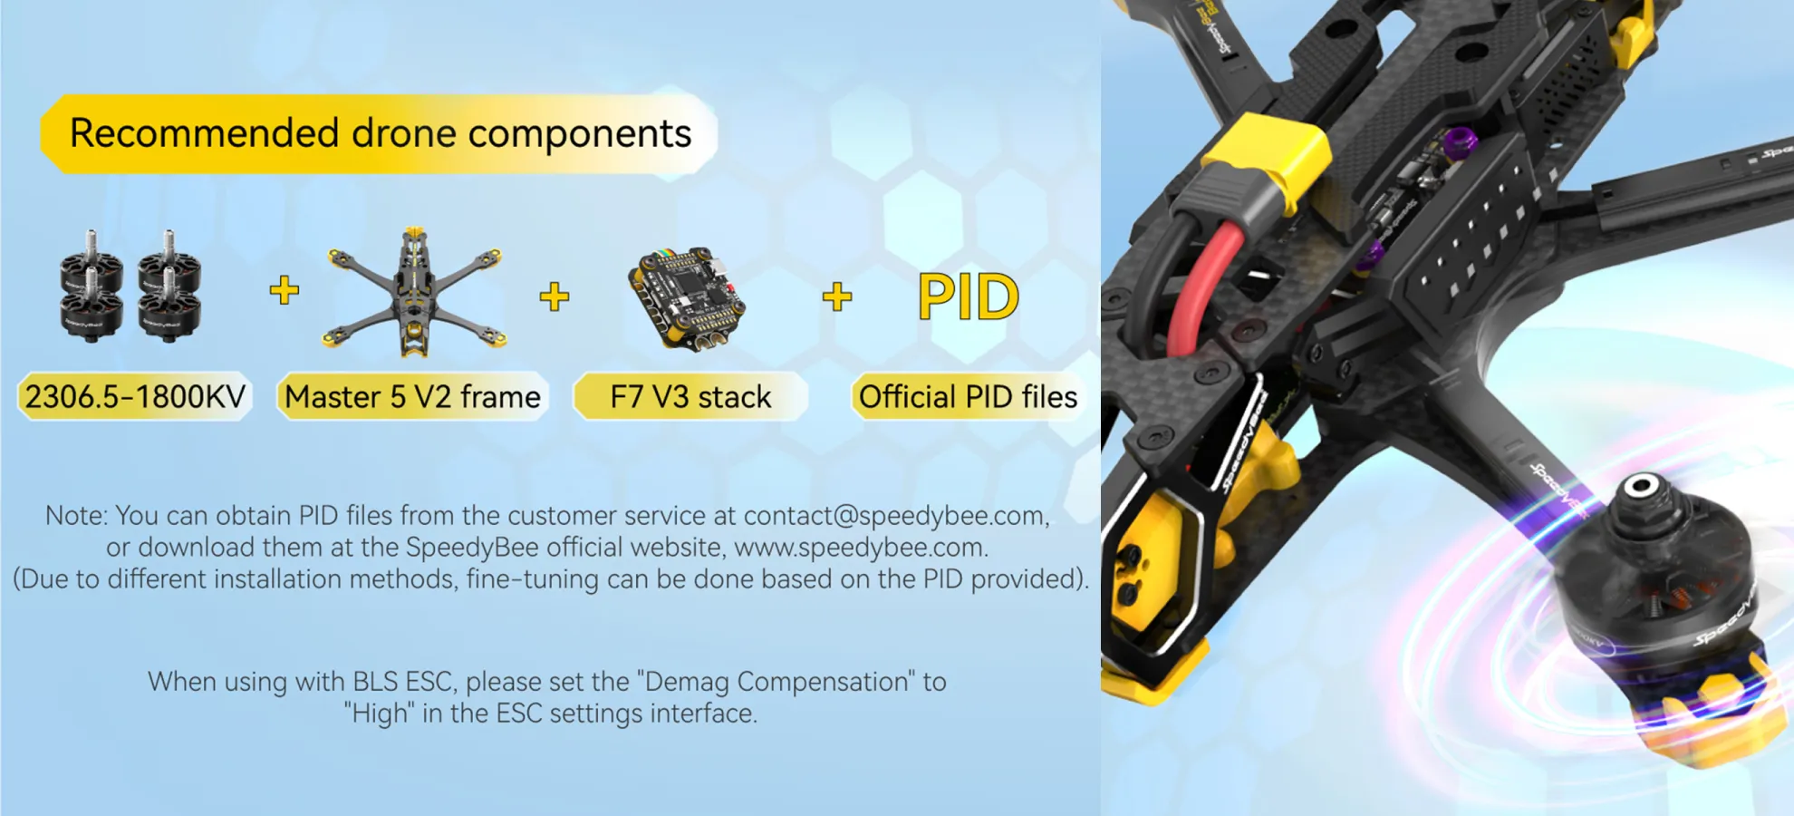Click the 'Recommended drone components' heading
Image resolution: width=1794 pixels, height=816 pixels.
coord(381,133)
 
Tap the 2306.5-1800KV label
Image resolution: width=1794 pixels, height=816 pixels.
coord(135,397)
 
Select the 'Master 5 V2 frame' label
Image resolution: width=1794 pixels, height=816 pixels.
coord(412,397)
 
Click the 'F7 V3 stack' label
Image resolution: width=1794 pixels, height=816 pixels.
coord(690,397)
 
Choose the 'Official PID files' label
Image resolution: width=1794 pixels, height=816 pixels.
coord(968,397)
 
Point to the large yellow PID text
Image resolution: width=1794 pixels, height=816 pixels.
coord(968,296)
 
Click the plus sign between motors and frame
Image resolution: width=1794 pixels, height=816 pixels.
coord(285,290)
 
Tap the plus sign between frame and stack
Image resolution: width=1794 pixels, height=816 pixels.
coord(555,296)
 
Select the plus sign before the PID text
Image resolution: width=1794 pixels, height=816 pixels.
coord(837,296)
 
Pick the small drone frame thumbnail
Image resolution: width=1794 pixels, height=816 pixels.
coord(414,291)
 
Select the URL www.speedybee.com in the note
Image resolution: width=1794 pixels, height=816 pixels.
coord(859,548)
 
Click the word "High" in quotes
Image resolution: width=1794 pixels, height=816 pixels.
coord(379,714)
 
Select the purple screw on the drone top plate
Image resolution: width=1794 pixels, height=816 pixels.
coord(1459,141)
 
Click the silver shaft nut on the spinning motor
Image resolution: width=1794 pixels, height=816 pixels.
coord(1640,487)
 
